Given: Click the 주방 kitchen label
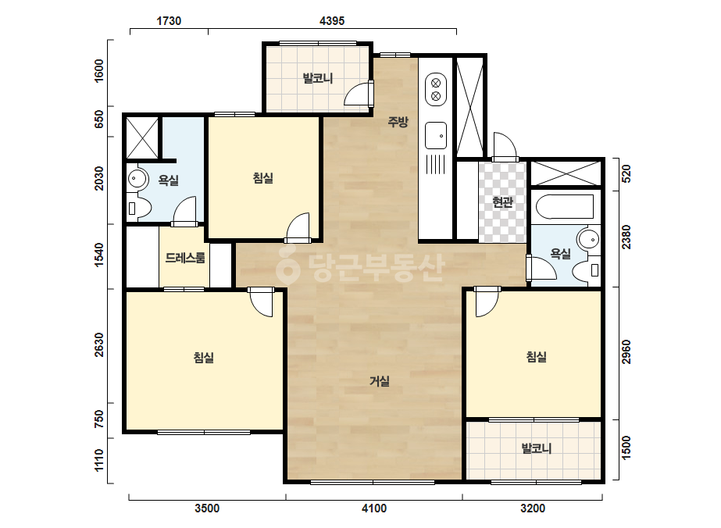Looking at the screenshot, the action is tap(398, 122).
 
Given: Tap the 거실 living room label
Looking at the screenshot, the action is tap(380, 381).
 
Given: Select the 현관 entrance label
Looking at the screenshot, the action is tap(502, 202).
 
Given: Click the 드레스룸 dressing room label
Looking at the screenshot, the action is tap(185, 258).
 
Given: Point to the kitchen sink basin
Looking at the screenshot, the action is tap(435, 135).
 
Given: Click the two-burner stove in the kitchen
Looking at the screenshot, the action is tap(435, 89).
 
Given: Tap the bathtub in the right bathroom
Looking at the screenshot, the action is tap(565, 206).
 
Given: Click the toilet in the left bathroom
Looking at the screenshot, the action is tap(139, 209).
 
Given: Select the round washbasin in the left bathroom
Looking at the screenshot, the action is tap(137, 178).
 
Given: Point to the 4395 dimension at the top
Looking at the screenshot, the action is tap(331, 20).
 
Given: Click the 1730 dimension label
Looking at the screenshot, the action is tap(169, 20).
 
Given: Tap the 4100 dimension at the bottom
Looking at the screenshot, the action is tap(374, 508).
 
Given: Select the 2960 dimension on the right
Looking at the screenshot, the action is tap(626, 351).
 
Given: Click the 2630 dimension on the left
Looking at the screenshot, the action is tap(99, 345).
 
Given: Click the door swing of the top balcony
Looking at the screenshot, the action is tap(359, 95).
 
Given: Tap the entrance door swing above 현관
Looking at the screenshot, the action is tap(505, 147).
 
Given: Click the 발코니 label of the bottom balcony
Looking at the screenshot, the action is tap(536, 448).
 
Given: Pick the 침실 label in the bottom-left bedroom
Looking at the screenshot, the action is tap(204, 358).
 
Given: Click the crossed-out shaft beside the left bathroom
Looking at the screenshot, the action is tap(142, 138).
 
